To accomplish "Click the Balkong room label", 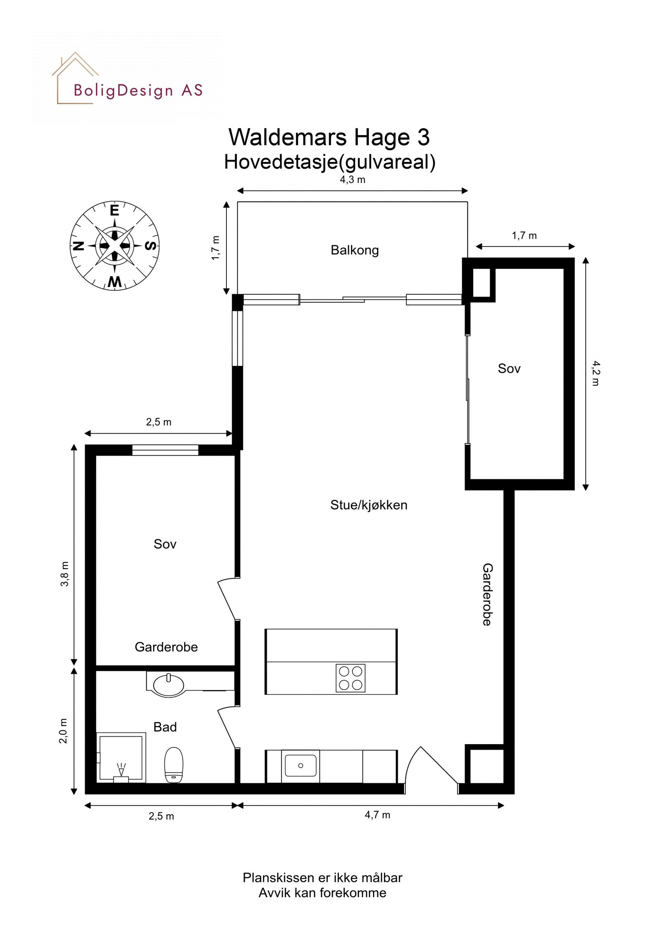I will [355, 250].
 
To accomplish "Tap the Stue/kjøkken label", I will [369, 505].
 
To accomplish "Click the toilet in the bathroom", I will [173, 765].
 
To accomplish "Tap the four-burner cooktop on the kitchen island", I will [350, 678].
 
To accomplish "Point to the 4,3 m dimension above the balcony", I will [353, 180].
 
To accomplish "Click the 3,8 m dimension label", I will [65, 574].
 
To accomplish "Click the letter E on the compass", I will [115, 211].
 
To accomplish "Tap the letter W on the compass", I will [115, 282].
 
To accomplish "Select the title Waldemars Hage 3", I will [329, 137].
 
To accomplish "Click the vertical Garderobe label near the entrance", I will [487, 595].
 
